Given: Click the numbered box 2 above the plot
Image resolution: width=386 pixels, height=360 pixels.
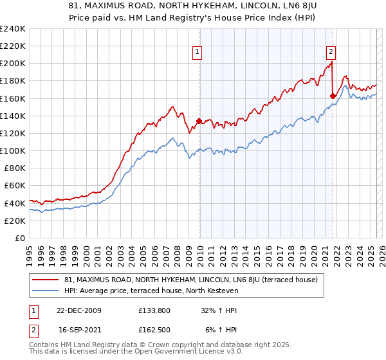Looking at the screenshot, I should click(x=331, y=53).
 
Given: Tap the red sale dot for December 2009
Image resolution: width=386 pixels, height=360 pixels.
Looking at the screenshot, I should click(x=199, y=121).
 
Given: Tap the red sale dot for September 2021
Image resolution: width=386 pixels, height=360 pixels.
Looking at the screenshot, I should click(x=333, y=96).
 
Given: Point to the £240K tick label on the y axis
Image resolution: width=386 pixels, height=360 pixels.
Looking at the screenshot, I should click(x=13, y=29).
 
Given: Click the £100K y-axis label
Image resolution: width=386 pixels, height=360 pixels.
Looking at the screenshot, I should click(x=13, y=150).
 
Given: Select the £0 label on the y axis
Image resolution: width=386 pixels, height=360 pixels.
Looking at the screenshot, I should click(x=19, y=238).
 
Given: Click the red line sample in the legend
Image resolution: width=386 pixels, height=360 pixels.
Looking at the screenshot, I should click(x=46, y=280).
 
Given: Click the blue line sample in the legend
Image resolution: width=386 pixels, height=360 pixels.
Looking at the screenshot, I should click(x=46, y=291).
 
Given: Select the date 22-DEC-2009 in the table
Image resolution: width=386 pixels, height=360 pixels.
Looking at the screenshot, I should click(x=78, y=310).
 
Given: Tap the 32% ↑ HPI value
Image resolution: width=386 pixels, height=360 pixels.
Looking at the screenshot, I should click(x=219, y=310).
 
